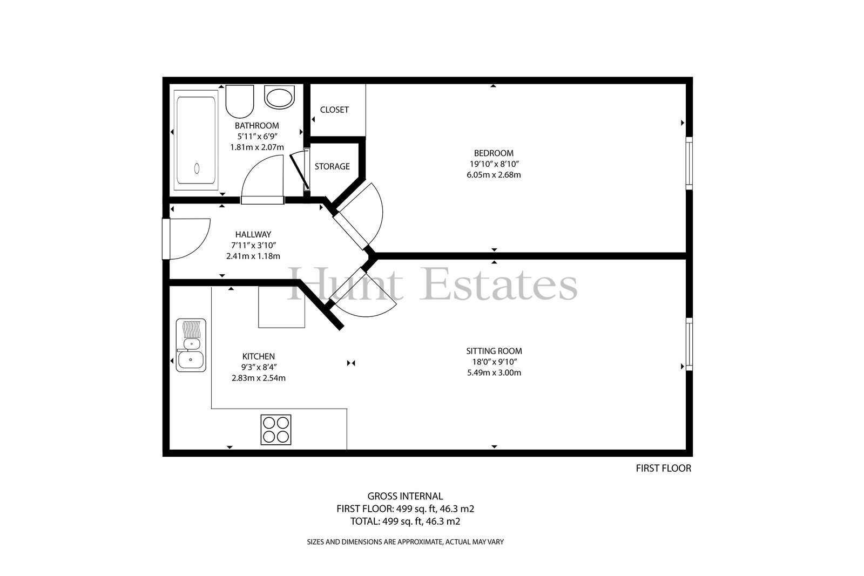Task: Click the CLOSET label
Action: coord(334,110)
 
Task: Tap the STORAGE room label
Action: coord(332,167)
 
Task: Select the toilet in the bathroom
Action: coord(240,101)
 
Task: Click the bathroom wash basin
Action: coord(279,97)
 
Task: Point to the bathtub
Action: coord(196,140)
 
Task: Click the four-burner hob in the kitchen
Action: coord(276,430)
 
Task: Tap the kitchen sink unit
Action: coord(191,345)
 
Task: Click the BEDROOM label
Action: coord(494,153)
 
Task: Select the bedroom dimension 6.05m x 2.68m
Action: coord(494,175)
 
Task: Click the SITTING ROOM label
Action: coord(494,351)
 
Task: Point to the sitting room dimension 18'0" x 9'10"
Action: coord(495,362)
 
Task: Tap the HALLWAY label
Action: coord(253,234)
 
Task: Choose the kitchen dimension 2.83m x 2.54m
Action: coord(259,378)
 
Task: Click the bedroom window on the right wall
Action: coord(689,164)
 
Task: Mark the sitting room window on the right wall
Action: coord(689,344)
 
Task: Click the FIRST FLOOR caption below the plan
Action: coord(664,469)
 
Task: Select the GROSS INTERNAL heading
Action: coord(405,496)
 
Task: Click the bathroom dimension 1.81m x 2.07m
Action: coord(257,147)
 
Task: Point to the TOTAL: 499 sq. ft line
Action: coord(405,521)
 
